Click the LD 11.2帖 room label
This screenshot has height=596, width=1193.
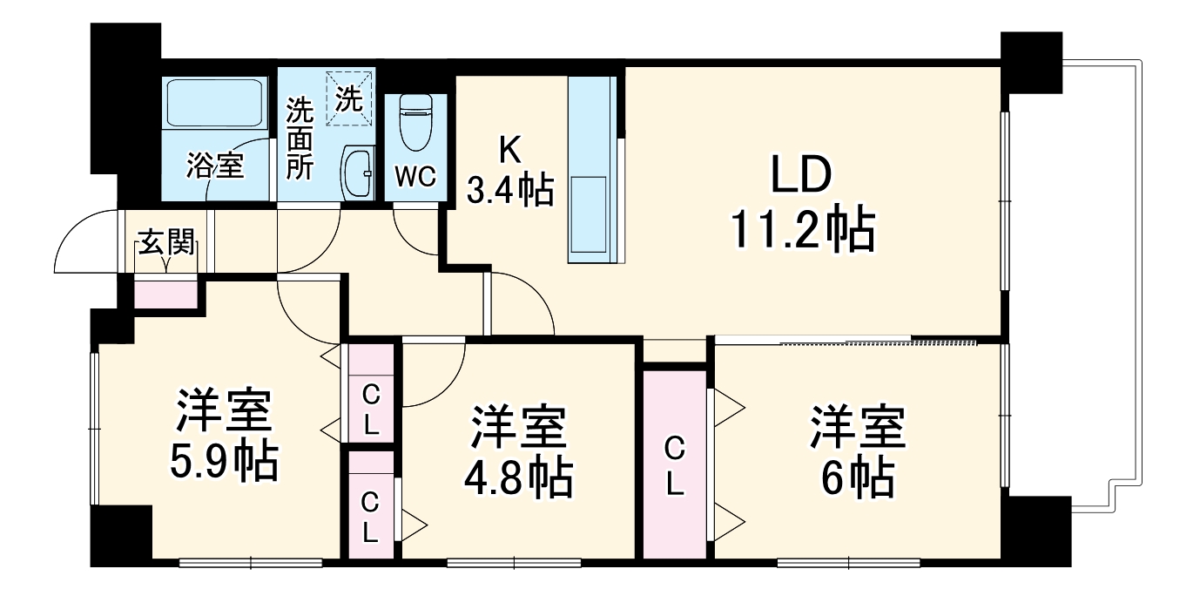pyautogui.click(x=801, y=206)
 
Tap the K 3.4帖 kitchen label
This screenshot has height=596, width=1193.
pyautogui.click(x=509, y=172)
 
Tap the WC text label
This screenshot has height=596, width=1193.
pyautogui.click(x=415, y=175)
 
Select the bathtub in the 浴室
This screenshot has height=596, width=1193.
pyautogui.click(x=214, y=105)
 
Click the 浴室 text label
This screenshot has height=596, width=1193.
pyautogui.click(x=213, y=166)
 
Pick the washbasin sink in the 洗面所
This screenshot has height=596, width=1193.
pyautogui.click(x=357, y=171)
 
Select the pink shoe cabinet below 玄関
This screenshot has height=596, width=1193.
pyautogui.click(x=165, y=295)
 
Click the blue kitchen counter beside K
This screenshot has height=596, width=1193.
pyautogui.click(x=592, y=170)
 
